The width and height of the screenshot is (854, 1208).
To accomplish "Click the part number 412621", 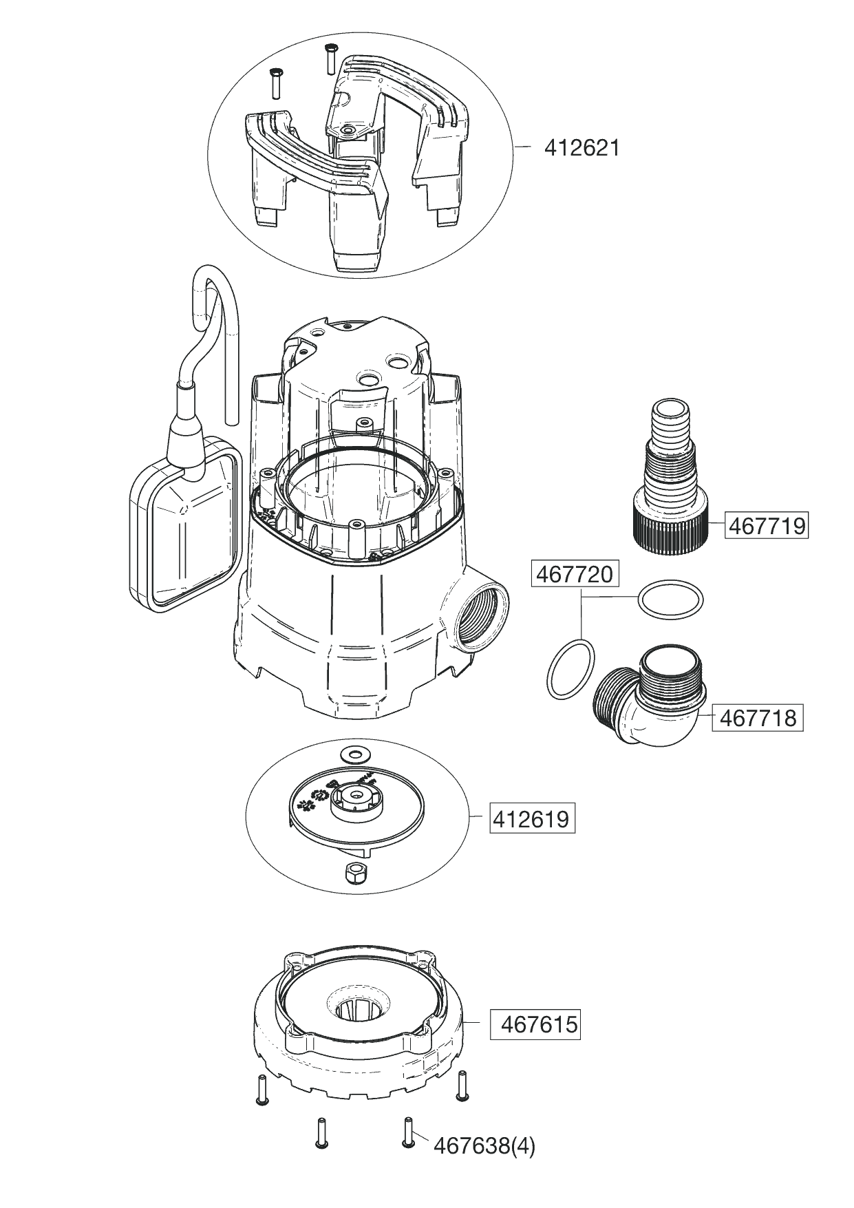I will (x=581, y=148).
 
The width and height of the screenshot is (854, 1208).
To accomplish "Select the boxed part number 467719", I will (x=767, y=526).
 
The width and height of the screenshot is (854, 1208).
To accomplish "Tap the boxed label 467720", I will (x=574, y=574).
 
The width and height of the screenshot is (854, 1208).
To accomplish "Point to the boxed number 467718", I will (x=758, y=719).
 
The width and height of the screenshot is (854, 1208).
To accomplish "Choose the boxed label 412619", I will (x=532, y=819).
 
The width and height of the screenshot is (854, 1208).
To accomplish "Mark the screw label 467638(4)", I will (x=484, y=1145).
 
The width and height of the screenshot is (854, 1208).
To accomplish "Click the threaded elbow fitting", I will (x=647, y=699).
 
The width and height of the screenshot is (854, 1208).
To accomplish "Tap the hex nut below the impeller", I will (x=355, y=872).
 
